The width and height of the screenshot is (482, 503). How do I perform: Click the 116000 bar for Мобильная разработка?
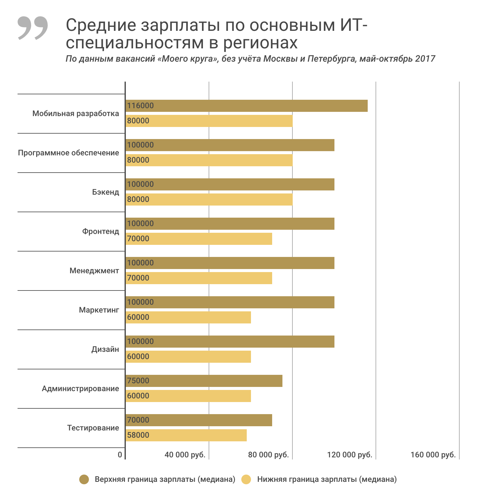(x=246, y=106)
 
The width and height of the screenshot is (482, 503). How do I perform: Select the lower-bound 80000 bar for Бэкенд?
(x=209, y=200)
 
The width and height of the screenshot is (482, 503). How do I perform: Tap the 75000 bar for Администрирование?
(x=204, y=381)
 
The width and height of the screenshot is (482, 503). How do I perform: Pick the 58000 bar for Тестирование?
(x=186, y=435)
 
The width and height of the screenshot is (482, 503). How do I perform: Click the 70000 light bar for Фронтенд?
(x=199, y=239)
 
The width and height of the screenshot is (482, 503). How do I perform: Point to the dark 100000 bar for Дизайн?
(x=230, y=342)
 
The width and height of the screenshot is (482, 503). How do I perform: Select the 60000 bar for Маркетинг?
(x=188, y=317)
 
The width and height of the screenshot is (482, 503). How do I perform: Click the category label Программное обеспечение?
(x=69, y=153)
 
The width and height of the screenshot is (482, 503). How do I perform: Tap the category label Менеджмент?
(x=94, y=271)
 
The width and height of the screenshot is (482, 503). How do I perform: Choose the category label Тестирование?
(x=93, y=428)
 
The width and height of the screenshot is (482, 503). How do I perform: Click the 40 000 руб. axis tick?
(x=185, y=455)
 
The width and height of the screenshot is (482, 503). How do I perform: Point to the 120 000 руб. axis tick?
(x=350, y=455)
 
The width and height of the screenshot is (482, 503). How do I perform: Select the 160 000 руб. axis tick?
(x=433, y=455)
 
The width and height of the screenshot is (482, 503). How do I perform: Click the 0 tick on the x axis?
(x=120, y=455)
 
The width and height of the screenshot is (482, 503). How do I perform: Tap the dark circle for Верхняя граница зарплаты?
(x=84, y=479)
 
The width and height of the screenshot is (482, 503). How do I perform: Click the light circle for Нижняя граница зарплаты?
(x=246, y=479)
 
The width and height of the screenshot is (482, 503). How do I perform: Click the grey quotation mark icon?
(x=33, y=28)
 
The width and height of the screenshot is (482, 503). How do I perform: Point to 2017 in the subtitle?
(x=425, y=59)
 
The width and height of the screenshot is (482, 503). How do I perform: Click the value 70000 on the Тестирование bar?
(x=138, y=420)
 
